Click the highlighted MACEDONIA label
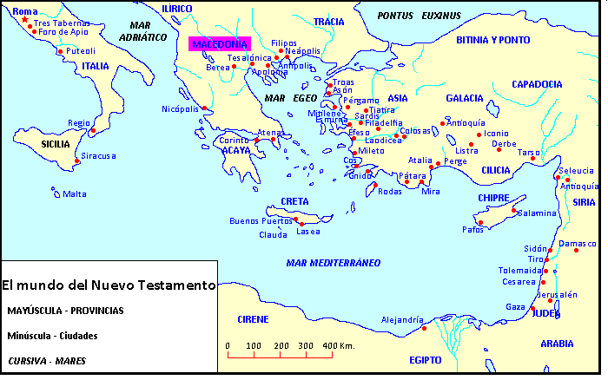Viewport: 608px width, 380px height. point(219,44)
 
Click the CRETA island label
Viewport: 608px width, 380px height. point(294,201)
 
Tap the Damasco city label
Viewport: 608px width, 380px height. point(579,244)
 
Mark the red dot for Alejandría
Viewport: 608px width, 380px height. point(424,328)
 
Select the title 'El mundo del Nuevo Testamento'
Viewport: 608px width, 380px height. point(109,285)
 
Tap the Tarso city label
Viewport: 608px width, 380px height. point(529,152)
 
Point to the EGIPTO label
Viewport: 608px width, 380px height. point(426,359)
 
